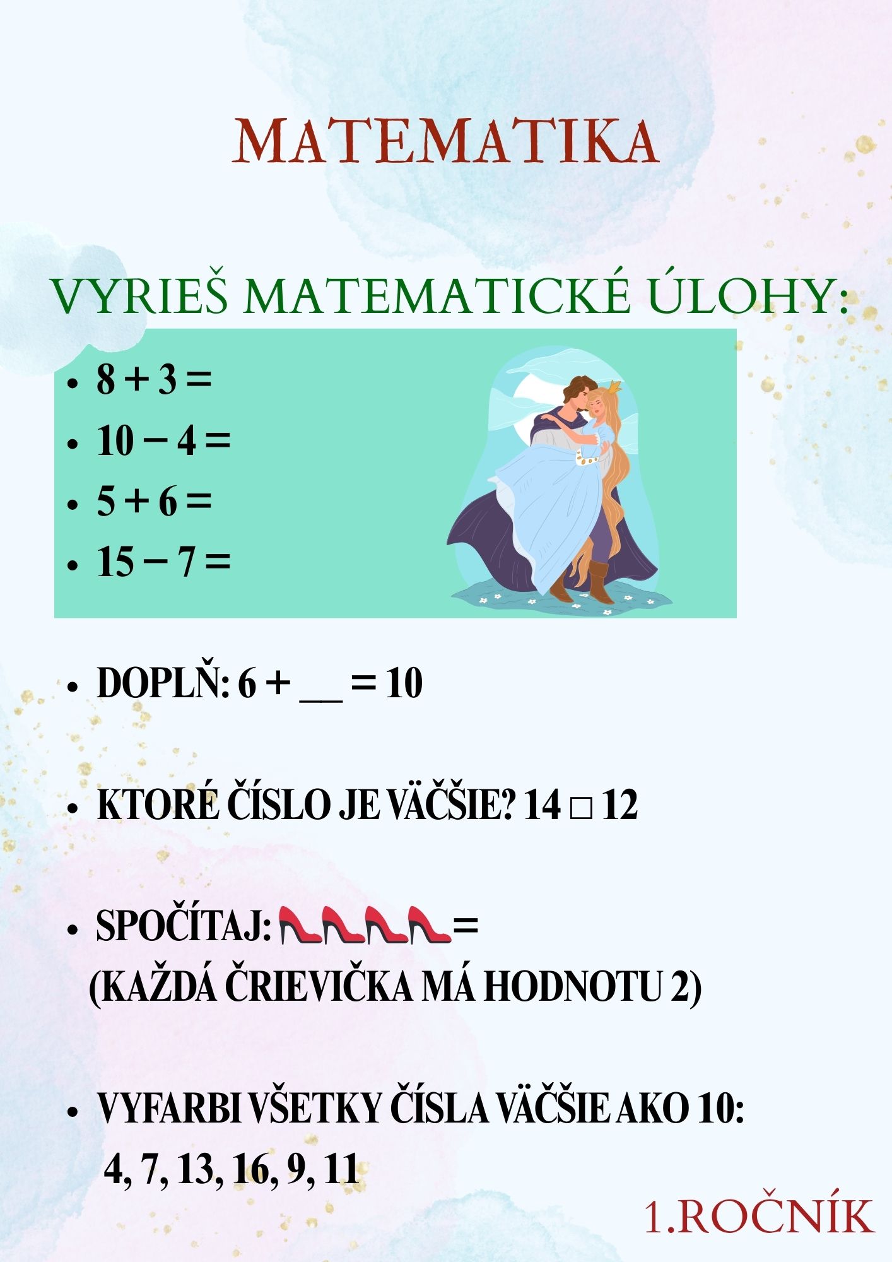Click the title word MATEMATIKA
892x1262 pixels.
[446, 141]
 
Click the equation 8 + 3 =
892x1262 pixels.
[153, 380]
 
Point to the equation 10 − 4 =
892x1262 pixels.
[163, 440]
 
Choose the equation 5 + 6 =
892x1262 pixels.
[153, 502]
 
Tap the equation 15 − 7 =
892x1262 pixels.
[163, 562]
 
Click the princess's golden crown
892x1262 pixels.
[613, 386]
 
